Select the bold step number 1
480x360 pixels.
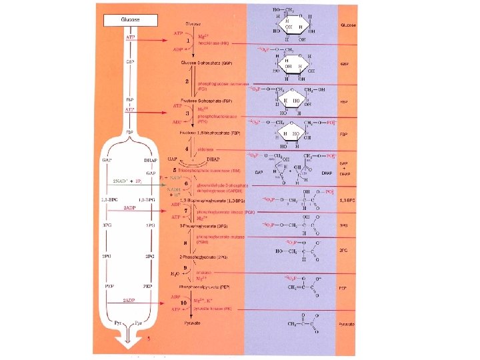click(189, 41)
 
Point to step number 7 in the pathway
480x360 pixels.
click(189, 211)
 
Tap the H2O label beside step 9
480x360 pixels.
click(175, 273)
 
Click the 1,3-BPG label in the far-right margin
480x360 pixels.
click(347, 200)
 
